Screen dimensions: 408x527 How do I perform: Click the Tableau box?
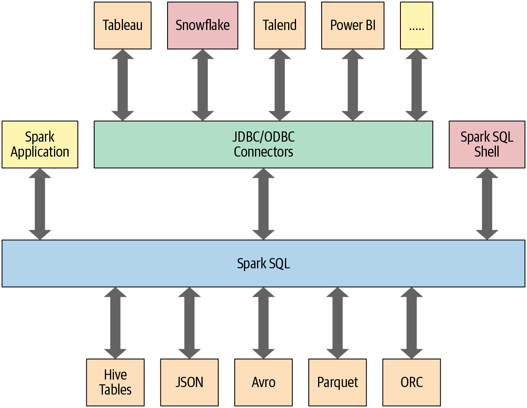tap(123, 26)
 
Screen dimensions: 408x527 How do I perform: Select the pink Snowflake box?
tap(203, 26)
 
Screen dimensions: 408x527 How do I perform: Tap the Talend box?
tap(279, 26)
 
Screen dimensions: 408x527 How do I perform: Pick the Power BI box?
tap(353, 26)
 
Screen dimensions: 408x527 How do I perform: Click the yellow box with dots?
tap(416, 26)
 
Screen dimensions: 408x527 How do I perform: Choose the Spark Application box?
tap(40, 144)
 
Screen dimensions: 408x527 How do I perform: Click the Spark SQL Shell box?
tap(487, 144)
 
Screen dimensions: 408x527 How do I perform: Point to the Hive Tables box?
tap(115, 382)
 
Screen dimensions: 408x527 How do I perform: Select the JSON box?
tap(189, 382)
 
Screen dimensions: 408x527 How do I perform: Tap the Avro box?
tap(263, 382)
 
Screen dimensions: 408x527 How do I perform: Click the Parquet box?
tap(337, 382)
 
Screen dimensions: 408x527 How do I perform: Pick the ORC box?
tap(412, 382)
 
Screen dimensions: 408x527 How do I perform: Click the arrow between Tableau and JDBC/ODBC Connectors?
tap(123, 85)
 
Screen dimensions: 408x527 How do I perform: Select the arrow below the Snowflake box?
tap(203, 85)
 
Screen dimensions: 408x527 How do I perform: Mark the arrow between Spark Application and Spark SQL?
tap(40, 204)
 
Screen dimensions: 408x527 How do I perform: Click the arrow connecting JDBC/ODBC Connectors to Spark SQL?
tap(263, 204)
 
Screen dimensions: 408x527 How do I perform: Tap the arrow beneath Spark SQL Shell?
tap(487, 204)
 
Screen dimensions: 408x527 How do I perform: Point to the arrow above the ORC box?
tap(412, 323)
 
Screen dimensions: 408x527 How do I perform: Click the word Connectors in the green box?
tap(263, 152)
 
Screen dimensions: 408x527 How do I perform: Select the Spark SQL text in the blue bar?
tap(263, 263)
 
